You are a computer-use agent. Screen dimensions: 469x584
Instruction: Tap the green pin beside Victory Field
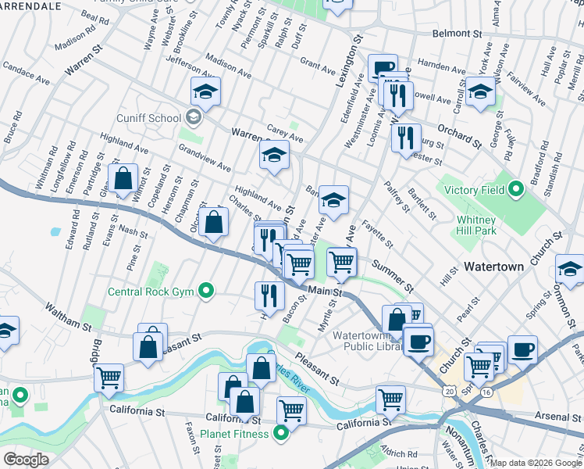pyautogui.click(x=515, y=189)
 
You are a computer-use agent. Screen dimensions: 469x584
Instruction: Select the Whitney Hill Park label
pyautogui.click(x=477, y=226)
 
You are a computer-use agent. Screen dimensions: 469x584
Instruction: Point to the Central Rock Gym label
pyautogui.click(x=151, y=293)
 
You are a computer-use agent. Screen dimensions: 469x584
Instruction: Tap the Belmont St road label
pyautogui.click(x=457, y=34)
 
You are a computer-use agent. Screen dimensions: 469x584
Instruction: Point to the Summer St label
pyautogui.click(x=392, y=273)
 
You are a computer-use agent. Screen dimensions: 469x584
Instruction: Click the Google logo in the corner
pyautogui.click(x=26, y=459)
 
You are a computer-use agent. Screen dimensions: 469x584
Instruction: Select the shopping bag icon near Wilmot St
pyautogui.click(x=123, y=178)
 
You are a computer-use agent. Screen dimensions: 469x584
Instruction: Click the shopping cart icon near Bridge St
pyautogui.click(x=109, y=377)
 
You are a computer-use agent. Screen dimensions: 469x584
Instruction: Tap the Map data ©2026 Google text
pyautogui.click(x=536, y=463)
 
